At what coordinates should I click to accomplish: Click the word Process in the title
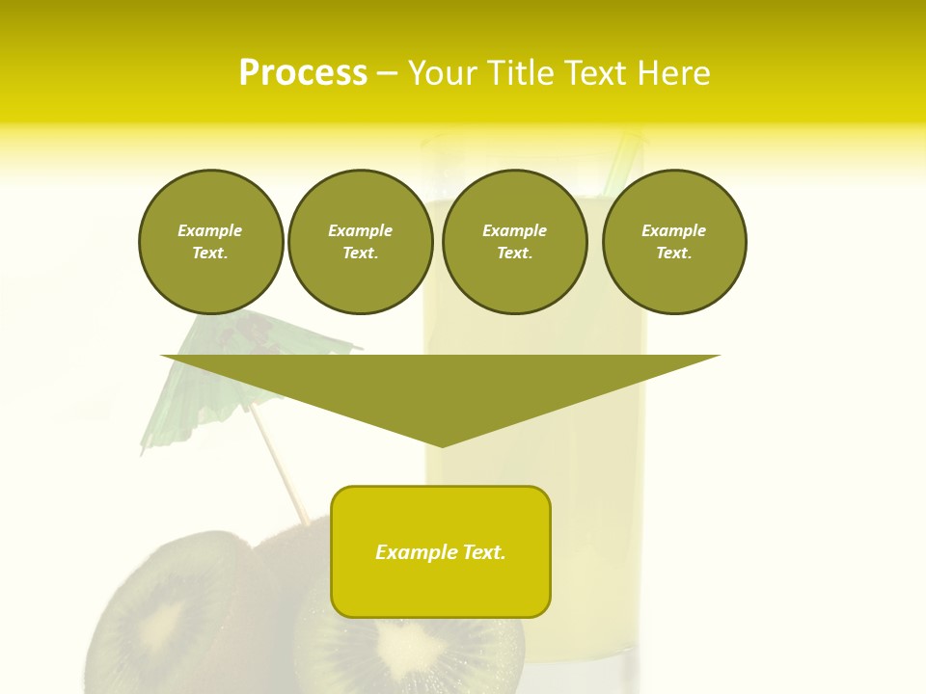(303, 73)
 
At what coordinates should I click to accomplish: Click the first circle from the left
(210, 242)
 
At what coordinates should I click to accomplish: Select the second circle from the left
(360, 242)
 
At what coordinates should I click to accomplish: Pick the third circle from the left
(514, 242)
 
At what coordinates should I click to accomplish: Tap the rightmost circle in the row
(674, 242)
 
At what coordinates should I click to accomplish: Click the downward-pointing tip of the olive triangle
(442, 442)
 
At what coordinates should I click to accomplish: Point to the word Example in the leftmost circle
(210, 230)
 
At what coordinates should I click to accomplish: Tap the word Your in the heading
(447, 73)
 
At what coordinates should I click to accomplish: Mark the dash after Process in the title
(387, 73)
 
